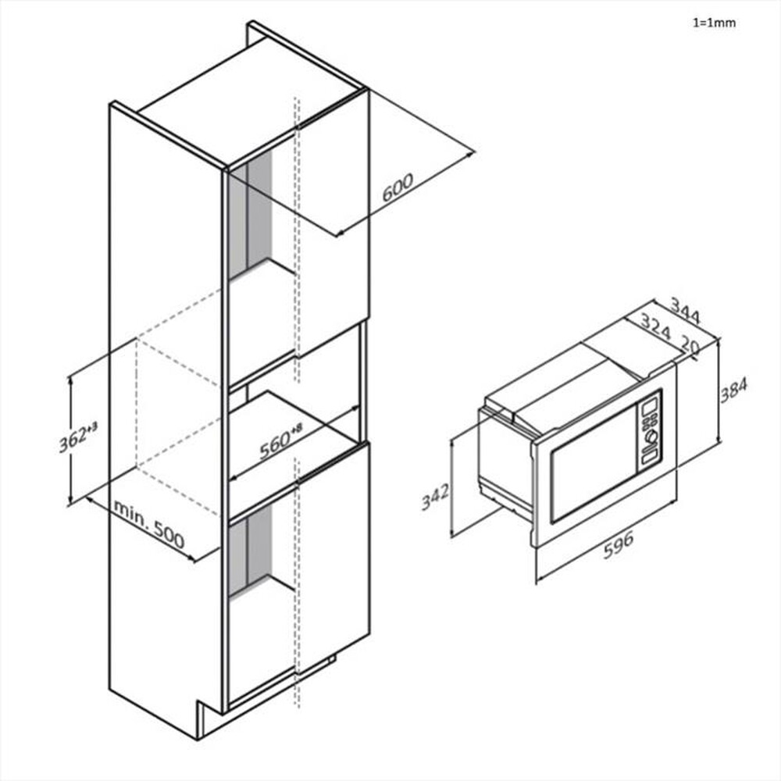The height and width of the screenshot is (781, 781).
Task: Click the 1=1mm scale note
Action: (x=714, y=23)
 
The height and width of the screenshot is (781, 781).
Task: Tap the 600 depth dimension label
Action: (x=397, y=188)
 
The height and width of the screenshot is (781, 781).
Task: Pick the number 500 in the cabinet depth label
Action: (x=168, y=537)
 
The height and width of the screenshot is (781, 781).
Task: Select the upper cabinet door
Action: (x=331, y=226)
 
